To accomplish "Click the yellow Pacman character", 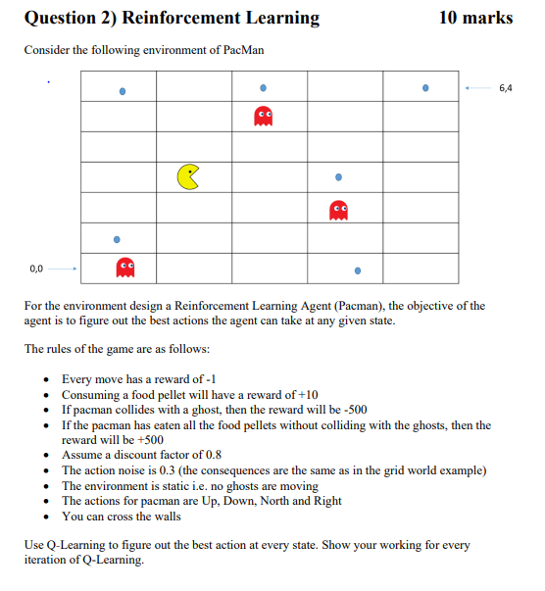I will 187,176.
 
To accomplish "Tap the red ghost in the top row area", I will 263,117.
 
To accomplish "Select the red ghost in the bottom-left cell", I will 124,267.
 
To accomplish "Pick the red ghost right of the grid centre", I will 338,209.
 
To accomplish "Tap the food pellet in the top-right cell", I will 425,87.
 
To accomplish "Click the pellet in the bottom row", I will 357,271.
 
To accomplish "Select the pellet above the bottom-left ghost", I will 117,238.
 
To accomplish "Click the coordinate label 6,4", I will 505,88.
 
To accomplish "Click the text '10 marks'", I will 474,19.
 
